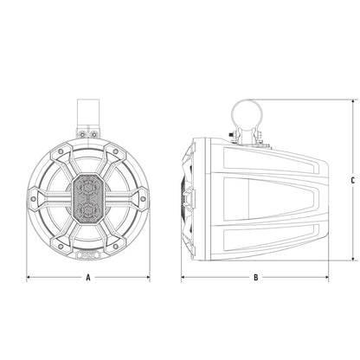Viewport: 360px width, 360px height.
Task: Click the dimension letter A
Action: (x=88, y=278)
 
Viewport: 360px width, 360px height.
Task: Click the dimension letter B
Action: (x=256, y=278)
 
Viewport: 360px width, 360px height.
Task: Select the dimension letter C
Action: (x=353, y=181)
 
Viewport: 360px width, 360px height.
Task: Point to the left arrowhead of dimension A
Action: (x=29, y=278)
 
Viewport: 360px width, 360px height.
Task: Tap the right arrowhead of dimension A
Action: (x=148, y=278)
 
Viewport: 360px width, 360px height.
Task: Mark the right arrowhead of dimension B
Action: (x=327, y=278)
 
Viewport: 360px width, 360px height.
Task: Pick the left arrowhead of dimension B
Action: (x=183, y=278)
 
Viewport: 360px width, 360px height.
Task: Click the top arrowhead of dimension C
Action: (x=353, y=101)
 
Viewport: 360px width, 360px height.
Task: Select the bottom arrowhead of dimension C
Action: (x=353, y=259)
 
